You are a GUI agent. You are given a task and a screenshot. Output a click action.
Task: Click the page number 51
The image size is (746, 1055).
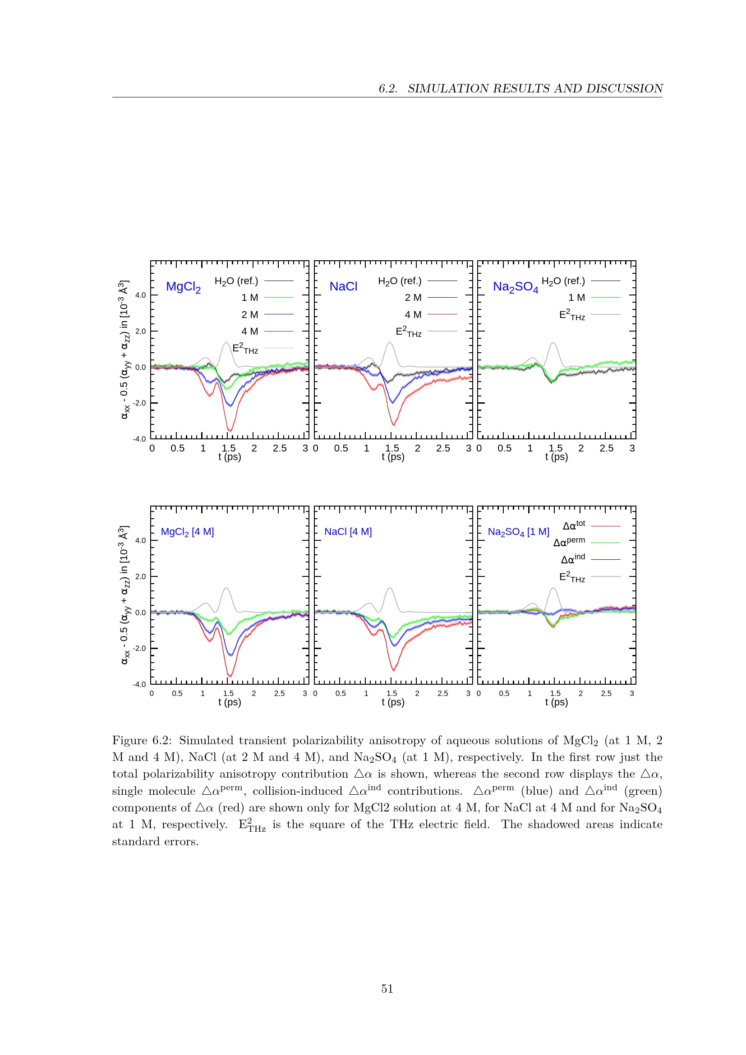pos(387,989)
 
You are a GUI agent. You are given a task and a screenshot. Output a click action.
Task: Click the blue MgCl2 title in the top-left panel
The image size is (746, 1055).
pos(183,287)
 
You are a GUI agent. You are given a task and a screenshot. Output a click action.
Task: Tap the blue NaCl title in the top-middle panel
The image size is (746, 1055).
pos(343,286)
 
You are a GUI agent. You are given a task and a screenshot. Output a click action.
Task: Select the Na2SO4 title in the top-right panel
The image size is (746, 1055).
pos(516,287)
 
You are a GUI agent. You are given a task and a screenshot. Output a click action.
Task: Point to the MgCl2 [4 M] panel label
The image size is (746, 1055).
pos(187,532)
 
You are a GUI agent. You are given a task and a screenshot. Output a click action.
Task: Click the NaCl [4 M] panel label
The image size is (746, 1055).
pos(348,532)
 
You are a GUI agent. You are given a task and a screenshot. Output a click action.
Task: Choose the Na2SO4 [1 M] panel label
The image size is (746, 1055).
pos(518,532)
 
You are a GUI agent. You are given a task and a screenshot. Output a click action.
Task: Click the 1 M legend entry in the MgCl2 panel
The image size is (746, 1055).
pos(250,298)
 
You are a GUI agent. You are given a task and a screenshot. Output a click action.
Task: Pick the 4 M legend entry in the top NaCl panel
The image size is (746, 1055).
pos(413,315)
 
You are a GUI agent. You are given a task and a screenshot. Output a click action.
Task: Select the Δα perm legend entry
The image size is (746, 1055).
pos(569,542)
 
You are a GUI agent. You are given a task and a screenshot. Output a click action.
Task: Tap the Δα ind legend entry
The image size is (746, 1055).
pos(573,559)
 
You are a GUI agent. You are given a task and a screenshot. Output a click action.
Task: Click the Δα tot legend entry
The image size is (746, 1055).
pos(574,525)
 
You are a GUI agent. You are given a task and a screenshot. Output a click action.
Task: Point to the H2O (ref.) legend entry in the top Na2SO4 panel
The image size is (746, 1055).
pos(563,281)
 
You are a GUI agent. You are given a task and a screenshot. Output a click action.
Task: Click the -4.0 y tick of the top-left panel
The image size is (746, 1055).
pos(140,439)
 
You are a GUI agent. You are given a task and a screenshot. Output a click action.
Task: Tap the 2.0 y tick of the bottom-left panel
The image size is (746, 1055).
pos(141,576)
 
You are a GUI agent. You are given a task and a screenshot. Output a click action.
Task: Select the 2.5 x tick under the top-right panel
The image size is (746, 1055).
pos(606,448)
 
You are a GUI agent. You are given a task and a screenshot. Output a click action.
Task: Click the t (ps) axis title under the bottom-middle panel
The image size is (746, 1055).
pos(393,702)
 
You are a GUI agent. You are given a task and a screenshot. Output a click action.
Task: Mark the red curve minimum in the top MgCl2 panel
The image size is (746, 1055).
pos(230,430)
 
